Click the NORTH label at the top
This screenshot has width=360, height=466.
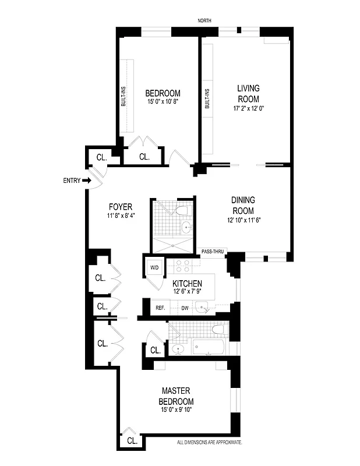(x=204, y=21)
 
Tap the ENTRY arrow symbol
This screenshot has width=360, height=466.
(x=87, y=181)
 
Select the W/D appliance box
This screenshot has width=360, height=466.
(x=154, y=268)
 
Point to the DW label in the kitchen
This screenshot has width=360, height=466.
(x=185, y=308)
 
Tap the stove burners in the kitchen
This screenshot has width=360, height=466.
(x=181, y=267)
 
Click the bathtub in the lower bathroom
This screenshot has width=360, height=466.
(x=207, y=348)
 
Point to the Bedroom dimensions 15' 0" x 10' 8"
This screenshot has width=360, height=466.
(x=163, y=102)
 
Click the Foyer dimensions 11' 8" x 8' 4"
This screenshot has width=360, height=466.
(x=121, y=216)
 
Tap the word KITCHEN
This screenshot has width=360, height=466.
(x=186, y=283)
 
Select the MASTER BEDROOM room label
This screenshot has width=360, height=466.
(x=176, y=396)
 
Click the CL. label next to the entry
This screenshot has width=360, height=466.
(x=101, y=157)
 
